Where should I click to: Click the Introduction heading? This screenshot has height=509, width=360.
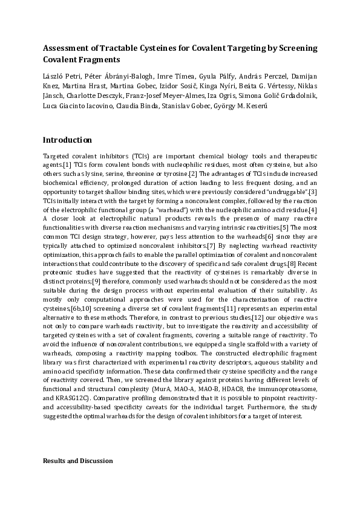67,140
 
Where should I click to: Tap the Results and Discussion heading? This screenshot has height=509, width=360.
77,461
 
